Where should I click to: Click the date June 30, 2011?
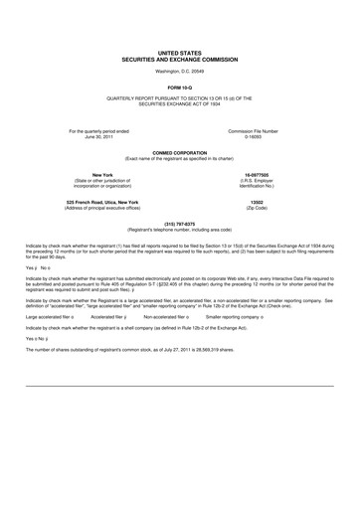coord(100,136)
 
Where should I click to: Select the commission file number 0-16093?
coord(253,136)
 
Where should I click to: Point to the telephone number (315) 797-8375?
coord(179,223)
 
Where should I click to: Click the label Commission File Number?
coord(253,130)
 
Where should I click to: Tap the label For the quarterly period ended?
coord(100,130)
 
